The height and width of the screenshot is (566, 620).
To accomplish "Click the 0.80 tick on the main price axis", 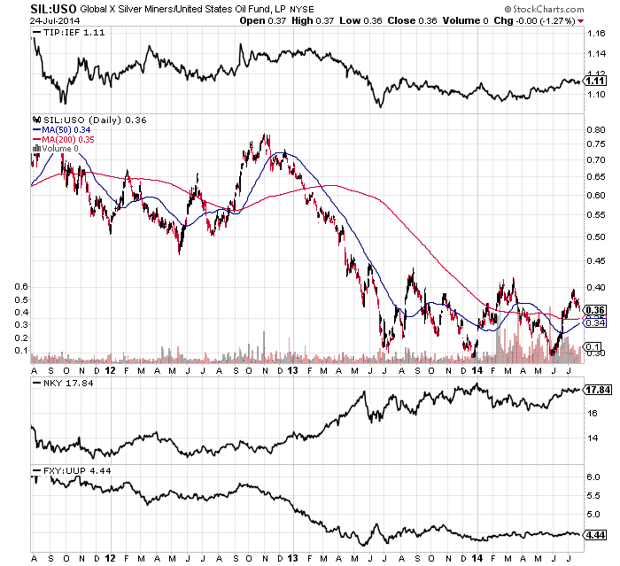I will tap(594, 129).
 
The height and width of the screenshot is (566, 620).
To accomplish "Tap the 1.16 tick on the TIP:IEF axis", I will tap(594, 33).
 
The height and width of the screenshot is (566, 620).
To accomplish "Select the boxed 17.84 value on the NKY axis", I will tap(596, 389).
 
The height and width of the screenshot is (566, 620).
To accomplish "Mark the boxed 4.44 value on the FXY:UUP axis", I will tap(594, 535).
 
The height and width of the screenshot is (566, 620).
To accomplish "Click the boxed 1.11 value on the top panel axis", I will tap(594, 80).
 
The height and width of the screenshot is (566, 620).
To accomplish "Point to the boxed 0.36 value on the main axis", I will tap(594, 310).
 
